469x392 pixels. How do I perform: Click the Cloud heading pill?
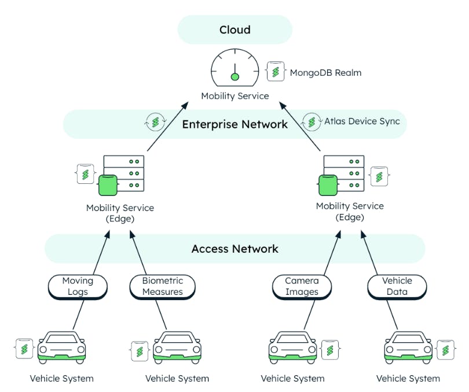tap(235, 29)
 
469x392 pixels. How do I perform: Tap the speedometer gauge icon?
tap(235, 68)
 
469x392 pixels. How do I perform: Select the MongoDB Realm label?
tap(325, 73)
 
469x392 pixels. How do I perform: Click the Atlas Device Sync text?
tap(362, 121)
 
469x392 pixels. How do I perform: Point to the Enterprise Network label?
tap(235, 124)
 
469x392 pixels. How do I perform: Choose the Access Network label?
tap(235, 249)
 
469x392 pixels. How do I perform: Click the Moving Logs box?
tap(78, 286)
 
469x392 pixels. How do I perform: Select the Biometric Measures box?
tap(163, 286)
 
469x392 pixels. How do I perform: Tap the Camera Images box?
tap(302, 286)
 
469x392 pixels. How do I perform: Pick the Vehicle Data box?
tap(397, 286)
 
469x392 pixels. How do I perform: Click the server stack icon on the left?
tap(121, 174)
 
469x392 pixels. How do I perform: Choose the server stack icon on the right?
tap(342, 174)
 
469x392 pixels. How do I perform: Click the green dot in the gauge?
tap(235, 77)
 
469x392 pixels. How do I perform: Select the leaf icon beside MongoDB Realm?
tap(276, 72)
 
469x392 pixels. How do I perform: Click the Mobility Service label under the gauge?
tap(235, 96)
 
